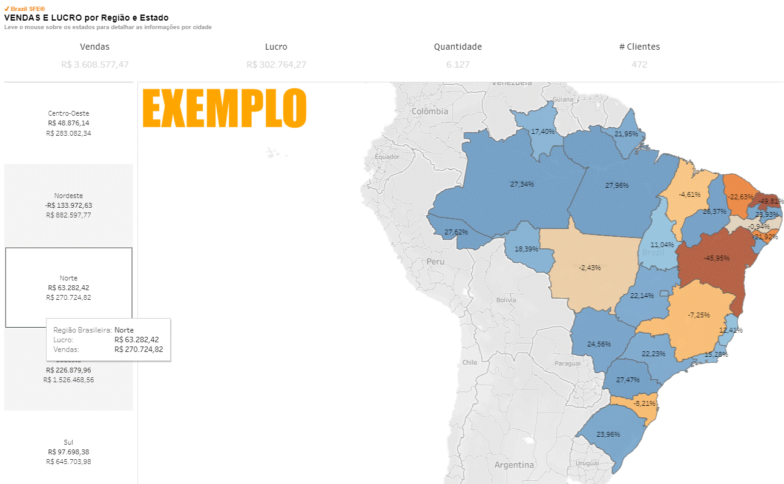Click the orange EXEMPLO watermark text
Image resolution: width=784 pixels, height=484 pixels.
(x=224, y=108)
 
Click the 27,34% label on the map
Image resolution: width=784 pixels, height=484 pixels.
(x=522, y=184)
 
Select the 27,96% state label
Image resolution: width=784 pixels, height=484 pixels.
(x=616, y=185)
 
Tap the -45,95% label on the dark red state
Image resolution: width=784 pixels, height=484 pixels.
(x=716, y=257)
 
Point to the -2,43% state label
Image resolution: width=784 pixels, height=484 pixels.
(x=589, y=267)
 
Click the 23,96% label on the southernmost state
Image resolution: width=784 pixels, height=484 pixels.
(x=608, y=434)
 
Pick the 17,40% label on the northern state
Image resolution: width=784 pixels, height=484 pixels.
(x=542, y=131)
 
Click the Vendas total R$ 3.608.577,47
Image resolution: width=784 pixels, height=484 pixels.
(x=95, y=64)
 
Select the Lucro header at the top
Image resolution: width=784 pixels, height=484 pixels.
(x=276, y=47)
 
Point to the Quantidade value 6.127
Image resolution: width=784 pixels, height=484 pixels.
(x=458, y=64)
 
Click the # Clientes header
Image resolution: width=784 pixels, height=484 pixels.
(x=639, y=47)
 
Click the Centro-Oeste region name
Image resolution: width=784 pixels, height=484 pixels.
(x=68, y=113)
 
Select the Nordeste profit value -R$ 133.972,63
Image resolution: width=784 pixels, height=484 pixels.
(x=68, y=205)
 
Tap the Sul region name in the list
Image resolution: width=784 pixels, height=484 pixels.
(x=68, y=442)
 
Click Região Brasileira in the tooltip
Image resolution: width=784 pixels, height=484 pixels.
(x=82, y=330)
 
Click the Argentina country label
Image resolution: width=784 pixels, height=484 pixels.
(x=514, y=465)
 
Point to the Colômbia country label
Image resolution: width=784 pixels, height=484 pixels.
(x=430, y=111)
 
